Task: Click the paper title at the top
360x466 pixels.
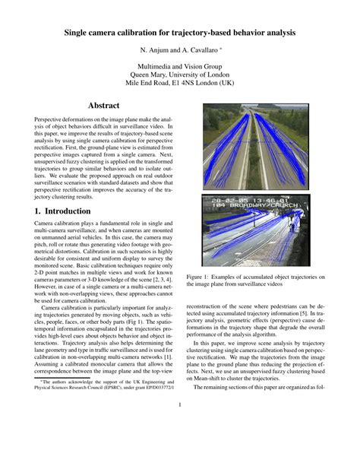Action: click(x=179, y=33)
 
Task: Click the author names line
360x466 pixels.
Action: click(x=179, y=51)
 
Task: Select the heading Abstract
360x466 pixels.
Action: click(x=106, y=105)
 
